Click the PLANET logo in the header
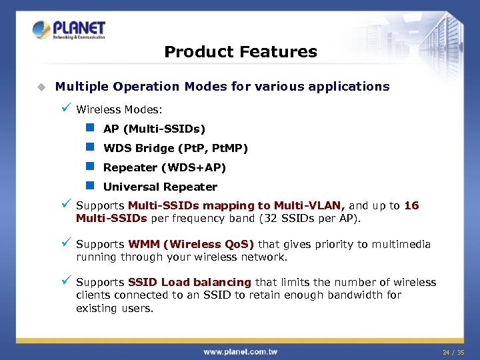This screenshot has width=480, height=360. (x=69, y=30)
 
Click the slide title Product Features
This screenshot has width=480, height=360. (x=240, y=52)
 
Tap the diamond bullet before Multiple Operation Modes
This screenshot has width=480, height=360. (x=41, y=87)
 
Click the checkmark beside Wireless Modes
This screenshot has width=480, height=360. (x=65, y=107)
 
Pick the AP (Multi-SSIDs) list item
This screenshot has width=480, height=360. (x=154, y=129)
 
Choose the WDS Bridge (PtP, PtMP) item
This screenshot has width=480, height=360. (x=175, y=148)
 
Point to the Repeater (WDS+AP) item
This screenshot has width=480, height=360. (x=165, y=167)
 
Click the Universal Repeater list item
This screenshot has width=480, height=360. (x=160, y=187)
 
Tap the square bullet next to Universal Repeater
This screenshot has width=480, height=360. (x=90, y=186)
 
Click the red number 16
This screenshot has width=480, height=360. (x=411, y=206)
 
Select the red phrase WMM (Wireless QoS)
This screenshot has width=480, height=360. (x=191, y=245)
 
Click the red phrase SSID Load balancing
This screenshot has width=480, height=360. (x=189, y=283)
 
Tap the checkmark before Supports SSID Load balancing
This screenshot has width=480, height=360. (x=65, y=281)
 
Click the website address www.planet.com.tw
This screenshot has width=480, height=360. (x=240, y=351)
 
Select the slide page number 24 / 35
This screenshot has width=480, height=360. (x=453, y=351)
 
